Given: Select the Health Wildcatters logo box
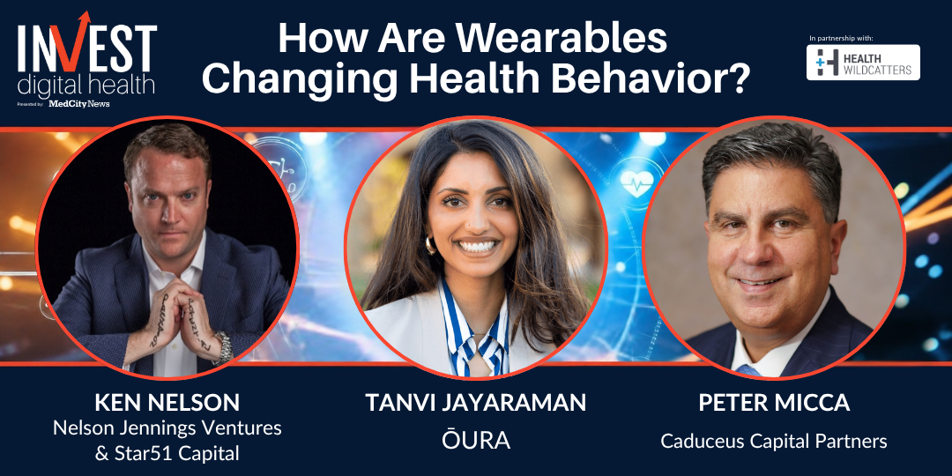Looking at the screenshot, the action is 863,63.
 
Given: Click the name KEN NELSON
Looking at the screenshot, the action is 167,403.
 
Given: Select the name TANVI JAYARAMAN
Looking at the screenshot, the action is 475,403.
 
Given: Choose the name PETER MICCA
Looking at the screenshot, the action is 774,403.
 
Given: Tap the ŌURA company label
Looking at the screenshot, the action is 476,440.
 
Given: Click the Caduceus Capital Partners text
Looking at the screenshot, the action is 774,441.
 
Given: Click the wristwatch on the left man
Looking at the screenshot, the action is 224,348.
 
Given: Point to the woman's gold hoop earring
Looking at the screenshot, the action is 429,246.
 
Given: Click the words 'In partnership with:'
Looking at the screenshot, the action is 841,38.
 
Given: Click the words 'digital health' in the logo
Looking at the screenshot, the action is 86,85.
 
